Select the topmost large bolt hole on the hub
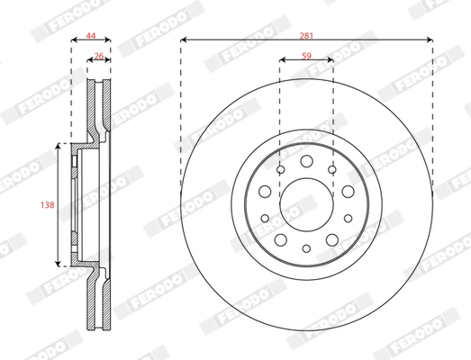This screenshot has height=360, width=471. point(306,161)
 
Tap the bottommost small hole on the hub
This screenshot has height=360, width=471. point(306,248)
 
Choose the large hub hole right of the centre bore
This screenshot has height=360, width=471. point(347,191)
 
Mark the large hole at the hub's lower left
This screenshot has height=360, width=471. point(280,238)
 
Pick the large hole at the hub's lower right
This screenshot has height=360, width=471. point(332,238)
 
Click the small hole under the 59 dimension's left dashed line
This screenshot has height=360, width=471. point(280,170)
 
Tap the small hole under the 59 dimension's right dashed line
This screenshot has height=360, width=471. point(332,170)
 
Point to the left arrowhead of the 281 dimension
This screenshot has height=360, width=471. point(183,40)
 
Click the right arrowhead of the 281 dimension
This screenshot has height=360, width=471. point(431,40)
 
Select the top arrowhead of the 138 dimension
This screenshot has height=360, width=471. point(59,144)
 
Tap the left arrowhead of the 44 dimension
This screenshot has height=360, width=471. point(72,40)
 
